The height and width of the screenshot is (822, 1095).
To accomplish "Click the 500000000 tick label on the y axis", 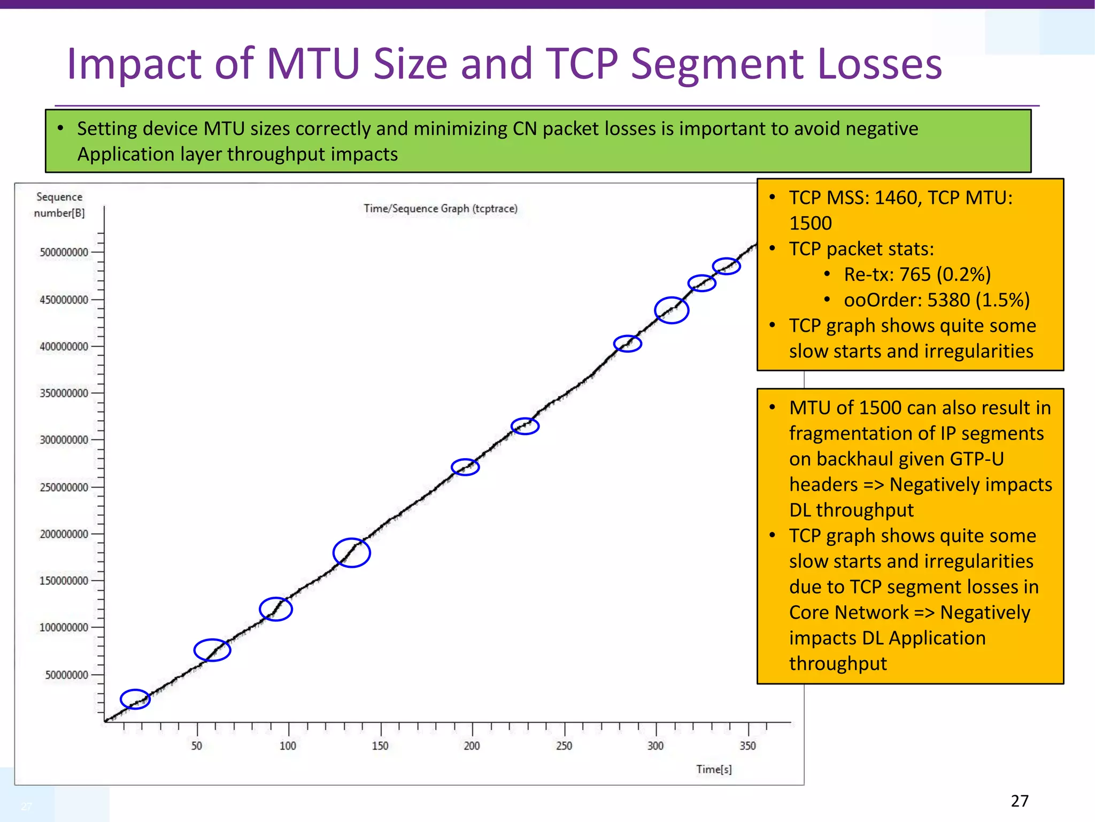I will [x=64, y=252].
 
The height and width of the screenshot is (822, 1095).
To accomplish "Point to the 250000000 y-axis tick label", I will [x=64, y=487].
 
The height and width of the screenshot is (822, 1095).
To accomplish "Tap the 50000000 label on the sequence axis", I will [x=66, y=675].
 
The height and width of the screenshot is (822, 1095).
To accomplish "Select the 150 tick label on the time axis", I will [x=380, y=746].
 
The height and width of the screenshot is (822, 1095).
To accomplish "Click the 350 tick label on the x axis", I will [x=747, y=746].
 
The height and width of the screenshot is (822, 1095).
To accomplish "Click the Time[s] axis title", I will [x=714, y=770].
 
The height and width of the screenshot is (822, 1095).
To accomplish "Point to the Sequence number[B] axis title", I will [x=59, y=205].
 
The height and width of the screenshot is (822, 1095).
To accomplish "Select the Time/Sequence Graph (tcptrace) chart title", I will [x=441, y=209].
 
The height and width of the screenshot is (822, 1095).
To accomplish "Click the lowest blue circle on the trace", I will [x=135, y=699].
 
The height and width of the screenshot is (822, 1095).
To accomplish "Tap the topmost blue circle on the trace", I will [x=726, y=266].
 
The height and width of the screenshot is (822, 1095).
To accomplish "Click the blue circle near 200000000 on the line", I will [x=351, y=553].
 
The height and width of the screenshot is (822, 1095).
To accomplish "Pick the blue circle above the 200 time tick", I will [x=465, y=467].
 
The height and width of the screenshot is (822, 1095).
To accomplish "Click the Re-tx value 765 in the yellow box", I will [x=915, y=275].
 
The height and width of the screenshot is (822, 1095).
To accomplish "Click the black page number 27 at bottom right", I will [x=1020, y=801].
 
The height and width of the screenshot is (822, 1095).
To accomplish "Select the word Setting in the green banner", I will [x=107, y=129].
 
